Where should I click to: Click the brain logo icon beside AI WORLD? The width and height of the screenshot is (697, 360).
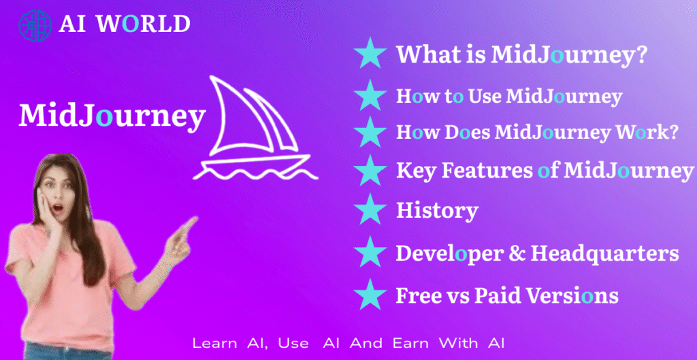[35, 25]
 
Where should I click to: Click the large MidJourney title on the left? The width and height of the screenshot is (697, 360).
[112, 116]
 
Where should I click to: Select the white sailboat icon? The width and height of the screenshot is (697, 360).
[255, 128]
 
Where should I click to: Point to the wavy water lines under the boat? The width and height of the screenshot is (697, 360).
[255, 172]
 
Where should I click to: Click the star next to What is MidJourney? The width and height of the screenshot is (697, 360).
[370, 53]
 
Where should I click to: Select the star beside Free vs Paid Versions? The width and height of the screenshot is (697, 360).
[370, 294]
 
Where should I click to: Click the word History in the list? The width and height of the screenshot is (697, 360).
[437, 210]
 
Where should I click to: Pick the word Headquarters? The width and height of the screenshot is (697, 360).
[604, 254]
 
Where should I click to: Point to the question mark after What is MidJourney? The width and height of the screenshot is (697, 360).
[640, 54]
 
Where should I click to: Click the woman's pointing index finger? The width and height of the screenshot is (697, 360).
[190, 225]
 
